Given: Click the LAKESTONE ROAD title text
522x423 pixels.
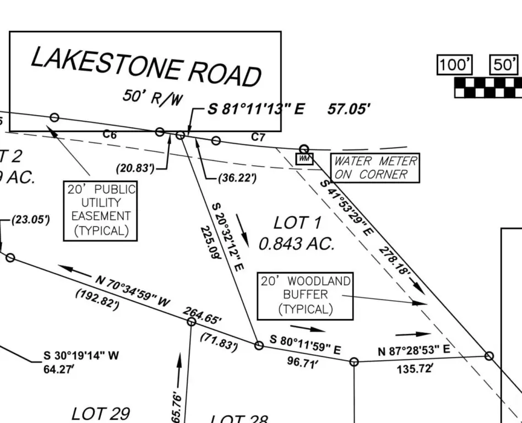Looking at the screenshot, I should click(145, 66).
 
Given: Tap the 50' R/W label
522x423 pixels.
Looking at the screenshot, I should click(152, 97).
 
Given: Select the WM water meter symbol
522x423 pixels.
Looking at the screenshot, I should click(304, 159).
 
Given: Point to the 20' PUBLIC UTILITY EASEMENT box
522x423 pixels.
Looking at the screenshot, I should click(100, 210).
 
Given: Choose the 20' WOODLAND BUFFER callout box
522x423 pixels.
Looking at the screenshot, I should click(305, 295).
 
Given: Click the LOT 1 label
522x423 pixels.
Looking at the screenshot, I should click(297, 223).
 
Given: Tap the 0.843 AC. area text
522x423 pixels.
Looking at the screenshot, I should click(296, 243).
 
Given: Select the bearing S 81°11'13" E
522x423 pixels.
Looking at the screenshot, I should click(255, 109).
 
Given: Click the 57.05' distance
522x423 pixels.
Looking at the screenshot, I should click(349, 109).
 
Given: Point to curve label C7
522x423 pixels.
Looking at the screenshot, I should click(258, 137).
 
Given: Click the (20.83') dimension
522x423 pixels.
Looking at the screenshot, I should click(135, 168).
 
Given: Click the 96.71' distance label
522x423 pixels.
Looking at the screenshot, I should click(302, 362).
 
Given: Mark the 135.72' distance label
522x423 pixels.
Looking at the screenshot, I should click(415, 368).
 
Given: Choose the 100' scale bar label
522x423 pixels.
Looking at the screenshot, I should click(454, 65).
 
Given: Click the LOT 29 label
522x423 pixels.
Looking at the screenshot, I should click(100, 413).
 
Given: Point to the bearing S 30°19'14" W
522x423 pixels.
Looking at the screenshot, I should click(81, 356).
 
